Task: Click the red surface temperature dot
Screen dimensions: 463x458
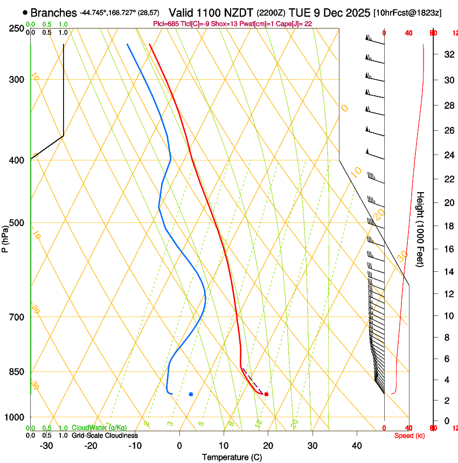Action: click(266, 394)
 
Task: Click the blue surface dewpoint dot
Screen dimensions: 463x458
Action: click(191, 394)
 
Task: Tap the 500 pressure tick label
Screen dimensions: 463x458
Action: click(16, 223)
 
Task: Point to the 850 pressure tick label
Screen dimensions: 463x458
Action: click(16, 372)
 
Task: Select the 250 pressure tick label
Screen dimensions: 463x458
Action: click(16, 28)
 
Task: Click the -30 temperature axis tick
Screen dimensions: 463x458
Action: click(46, 446)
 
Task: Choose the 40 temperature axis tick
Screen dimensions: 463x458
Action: click(357, 446)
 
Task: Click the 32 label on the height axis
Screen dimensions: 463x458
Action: click(448, 54)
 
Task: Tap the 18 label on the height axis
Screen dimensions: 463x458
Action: click(448, 226)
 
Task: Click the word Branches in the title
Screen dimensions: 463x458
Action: click(53, 12)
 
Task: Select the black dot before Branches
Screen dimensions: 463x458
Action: click(25, 12)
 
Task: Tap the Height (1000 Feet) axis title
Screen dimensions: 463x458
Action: click(420, 229)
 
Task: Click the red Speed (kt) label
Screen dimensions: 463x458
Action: click(410, 436)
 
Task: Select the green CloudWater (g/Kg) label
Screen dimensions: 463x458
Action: click(99, 428)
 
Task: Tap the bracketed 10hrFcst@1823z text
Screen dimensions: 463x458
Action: click(407, 13)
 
